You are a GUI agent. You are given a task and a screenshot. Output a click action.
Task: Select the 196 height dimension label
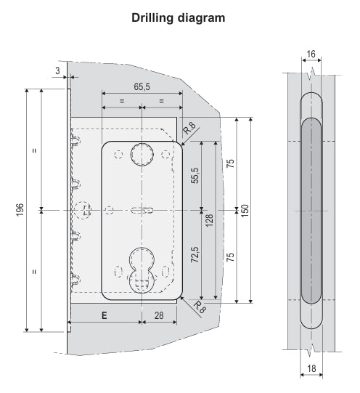tap(17, 210)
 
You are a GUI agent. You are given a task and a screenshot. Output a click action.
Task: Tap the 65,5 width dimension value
tap(142, 86)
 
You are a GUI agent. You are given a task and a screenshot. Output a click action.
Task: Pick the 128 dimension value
tap(209, 220)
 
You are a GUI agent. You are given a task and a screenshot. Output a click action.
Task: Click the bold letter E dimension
tap(105, 316)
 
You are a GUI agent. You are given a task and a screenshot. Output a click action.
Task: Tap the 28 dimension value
tap(159, 316)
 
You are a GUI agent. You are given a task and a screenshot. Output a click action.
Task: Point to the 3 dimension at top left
tap(57, 70)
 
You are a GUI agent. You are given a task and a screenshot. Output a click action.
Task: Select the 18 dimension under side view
tap(311, 369)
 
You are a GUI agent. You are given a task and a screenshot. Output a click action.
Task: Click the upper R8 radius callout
tap(189, 128)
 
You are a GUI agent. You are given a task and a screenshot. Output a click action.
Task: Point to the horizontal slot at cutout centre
tap(141, 210)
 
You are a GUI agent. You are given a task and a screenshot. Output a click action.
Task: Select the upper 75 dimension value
tap(230, 163)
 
